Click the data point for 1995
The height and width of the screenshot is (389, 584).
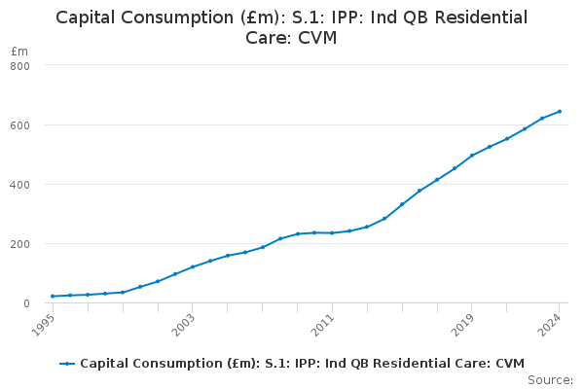tap(53, 296)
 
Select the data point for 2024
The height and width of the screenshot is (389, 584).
tap(560, 111)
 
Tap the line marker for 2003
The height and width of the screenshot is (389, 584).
tap(193, 266)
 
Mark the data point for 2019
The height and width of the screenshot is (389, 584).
tap(472, 155)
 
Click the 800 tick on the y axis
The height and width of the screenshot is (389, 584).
tap(20, 65)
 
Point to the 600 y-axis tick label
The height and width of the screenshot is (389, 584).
tap(20, 124)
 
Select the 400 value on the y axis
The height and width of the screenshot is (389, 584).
tap(20, 184)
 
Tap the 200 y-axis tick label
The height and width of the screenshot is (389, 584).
tap(20, 243)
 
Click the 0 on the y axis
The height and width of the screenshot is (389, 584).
tap(26, 302)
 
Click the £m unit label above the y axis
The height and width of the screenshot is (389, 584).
tap(19, 51)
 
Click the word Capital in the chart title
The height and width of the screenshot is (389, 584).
tap(90, 18)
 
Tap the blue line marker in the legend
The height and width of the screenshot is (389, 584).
tap(67, 364)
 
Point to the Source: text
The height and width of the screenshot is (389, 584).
tap(550, 380)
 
